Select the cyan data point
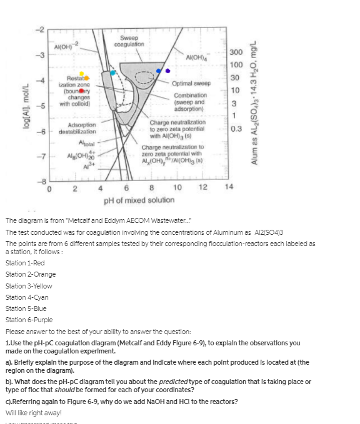click(113, 72)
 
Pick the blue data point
click(159, 71)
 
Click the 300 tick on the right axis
click(236, 53)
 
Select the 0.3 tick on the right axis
click(236, 129)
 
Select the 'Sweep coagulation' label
click(132, 41)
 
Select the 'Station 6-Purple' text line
click(31, 320)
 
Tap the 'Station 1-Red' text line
click(28, 263)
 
